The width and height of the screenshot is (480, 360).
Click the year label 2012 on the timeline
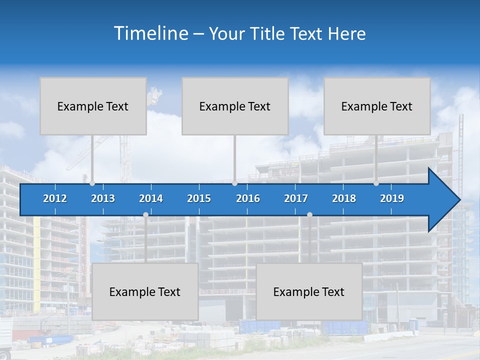tap(55, 198)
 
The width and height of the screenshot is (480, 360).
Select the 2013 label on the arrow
tap(103, 198)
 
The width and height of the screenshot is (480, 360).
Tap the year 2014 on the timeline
tap(151, 198)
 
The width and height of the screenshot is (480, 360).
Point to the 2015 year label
tap(199, 198)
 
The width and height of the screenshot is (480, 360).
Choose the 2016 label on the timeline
tap(248, 198)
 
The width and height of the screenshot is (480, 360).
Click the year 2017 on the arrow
tap(296, 198)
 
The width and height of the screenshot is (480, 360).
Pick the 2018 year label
tap(344, 198)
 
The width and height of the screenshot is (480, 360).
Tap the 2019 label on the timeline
tap(392, 198)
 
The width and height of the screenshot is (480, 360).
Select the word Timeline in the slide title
tap(150, 33)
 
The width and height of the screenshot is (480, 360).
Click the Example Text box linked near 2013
tap(93, 106)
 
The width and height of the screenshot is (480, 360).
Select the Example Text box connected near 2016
tap(235, 106)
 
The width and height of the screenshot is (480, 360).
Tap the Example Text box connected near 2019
tap(377, 106)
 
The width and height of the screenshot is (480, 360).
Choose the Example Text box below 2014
tap(145, 291)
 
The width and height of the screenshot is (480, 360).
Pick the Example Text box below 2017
tap(309, 291)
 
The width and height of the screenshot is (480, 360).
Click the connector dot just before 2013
tap(92, 183)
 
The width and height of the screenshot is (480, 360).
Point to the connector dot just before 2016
tap(235, 183)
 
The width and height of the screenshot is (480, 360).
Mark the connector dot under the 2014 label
tap(145, 215)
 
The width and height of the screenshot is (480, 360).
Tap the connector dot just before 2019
tap(376, 183)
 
